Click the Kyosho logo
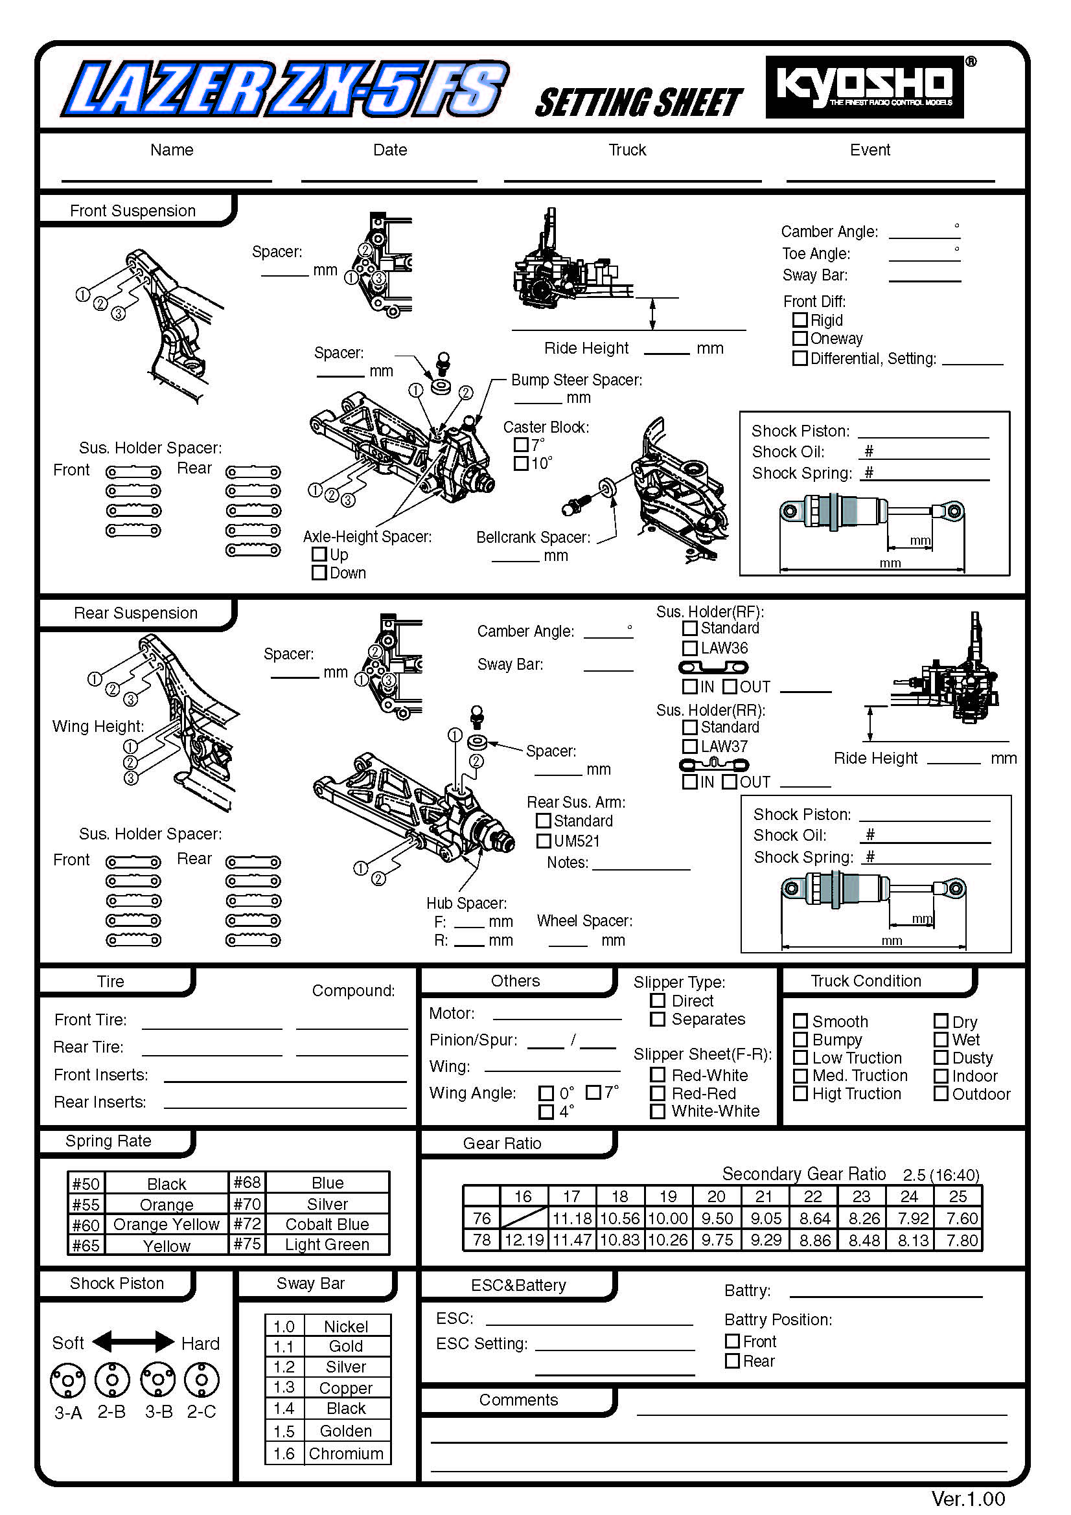(x=864, y=87)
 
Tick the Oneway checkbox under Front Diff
(x=800, y=339)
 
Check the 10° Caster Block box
(x=522, y=463)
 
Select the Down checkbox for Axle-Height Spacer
(x=319, y=573)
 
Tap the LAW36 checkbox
(x=689, y=648)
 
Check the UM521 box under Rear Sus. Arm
(x=544, y=841)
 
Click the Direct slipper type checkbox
(x=657, y=1000)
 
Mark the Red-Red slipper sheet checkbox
(x=657, y=1093)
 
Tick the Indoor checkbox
(x=941, y=1076)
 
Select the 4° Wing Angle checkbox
(x=546, y=1112)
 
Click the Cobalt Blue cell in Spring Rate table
(x=327, y=1224)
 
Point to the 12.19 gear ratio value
(x=524, y=1240)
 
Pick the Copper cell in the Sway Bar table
(x=345, y=1387)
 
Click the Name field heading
(x=172, y=150)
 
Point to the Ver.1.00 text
(x=967, y=1499)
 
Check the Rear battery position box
(x=731, y=1361)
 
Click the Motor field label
(x=452, y=1013)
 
